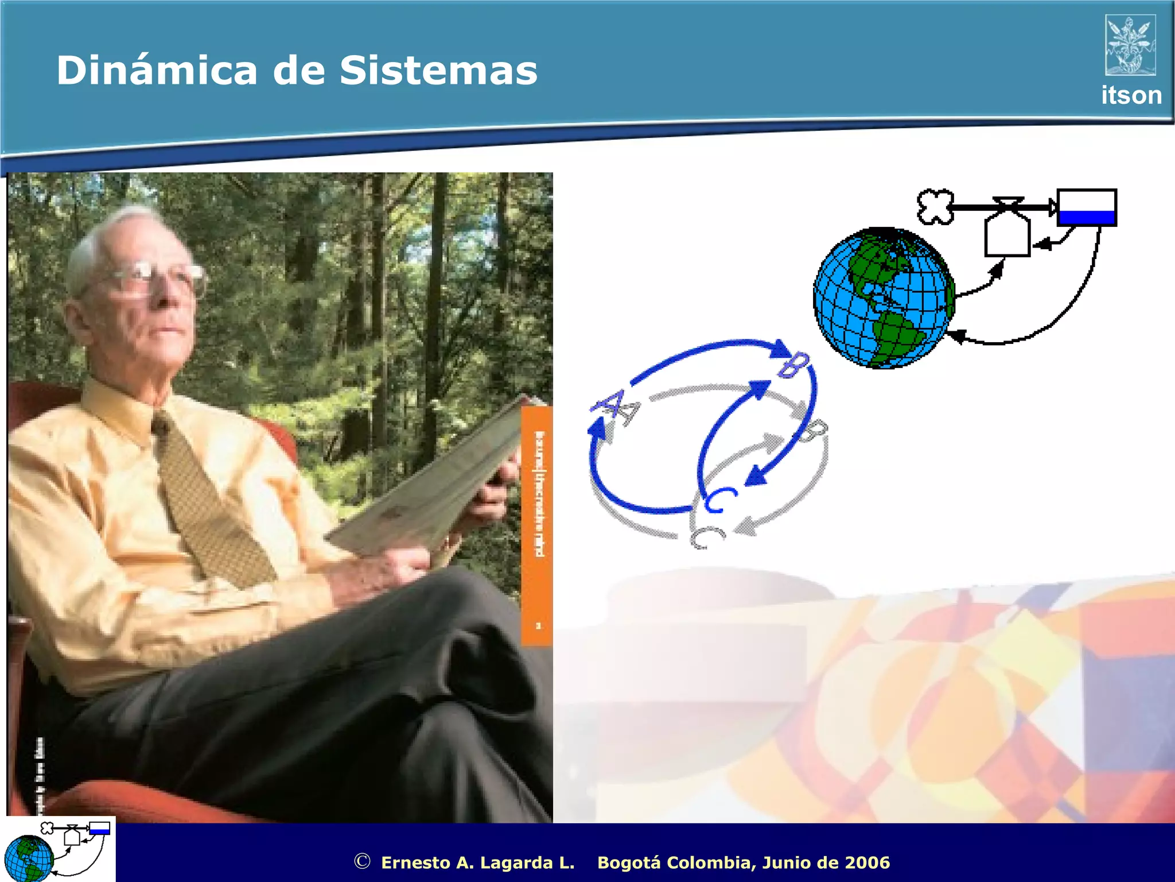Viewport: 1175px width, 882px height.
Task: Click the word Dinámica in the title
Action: [157, 71]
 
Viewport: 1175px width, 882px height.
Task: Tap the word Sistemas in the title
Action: [438, 71]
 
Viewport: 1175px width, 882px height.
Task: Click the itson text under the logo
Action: [1131, 95]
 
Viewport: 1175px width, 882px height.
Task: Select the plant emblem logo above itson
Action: [1130, 45]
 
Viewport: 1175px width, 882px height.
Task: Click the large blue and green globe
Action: [884, 298]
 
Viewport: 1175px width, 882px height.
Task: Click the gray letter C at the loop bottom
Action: [707, 537]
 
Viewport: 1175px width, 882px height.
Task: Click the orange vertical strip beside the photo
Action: [537, 525]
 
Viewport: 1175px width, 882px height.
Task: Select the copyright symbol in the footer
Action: [362, 861]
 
